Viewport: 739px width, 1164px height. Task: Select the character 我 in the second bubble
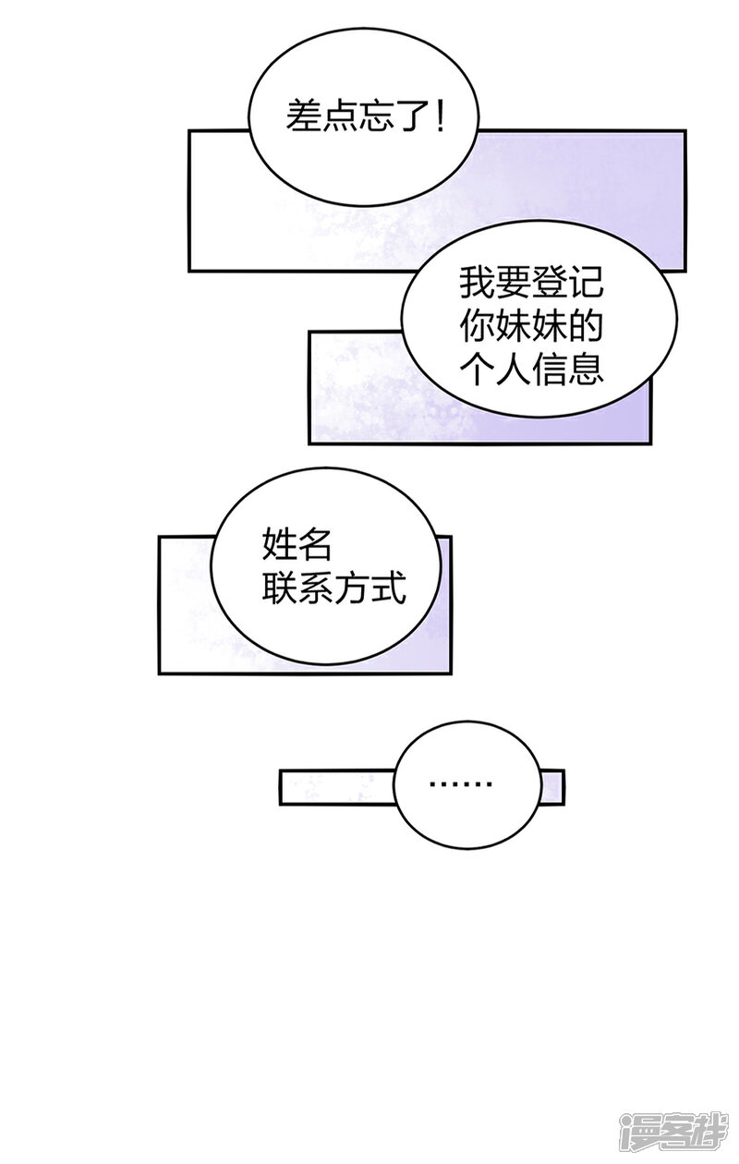pos(477,282)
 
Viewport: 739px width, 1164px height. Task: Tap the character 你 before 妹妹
pos(477,326)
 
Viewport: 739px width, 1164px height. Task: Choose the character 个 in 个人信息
pos(477,370)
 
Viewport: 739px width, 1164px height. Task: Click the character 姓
pos(279,545)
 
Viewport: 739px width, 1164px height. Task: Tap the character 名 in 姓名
pos(314,545)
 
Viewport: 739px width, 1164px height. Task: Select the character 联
pos(279,588)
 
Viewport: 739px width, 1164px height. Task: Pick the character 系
pos(315,588)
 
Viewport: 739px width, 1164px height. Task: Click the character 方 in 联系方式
pos(351,588)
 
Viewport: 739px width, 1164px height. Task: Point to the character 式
pos(387,588)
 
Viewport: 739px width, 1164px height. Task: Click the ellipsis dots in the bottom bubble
pos(461,786)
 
